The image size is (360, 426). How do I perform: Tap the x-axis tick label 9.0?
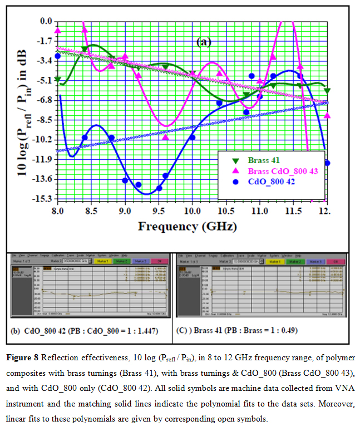coord(125,212)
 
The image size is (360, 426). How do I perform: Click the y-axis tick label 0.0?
coord(46,21)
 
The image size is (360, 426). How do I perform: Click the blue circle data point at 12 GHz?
coord(327,163)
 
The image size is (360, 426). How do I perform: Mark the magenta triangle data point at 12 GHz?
coord(327,115)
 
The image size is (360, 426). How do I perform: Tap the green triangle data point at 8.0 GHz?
coord(58,80)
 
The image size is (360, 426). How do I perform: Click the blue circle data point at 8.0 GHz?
coord(58,56)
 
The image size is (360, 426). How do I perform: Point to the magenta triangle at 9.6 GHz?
coord(165,136)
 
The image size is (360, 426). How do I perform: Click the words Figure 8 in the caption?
coord(26,356)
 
